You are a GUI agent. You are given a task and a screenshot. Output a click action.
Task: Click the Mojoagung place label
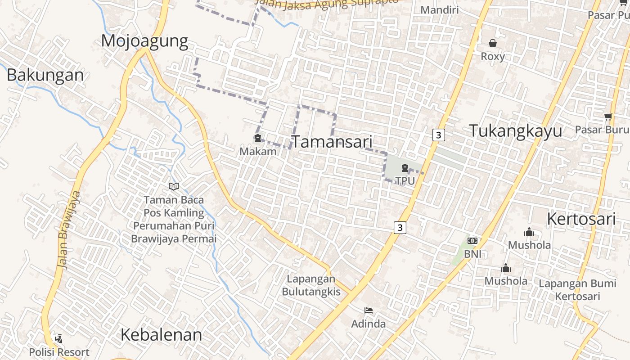coord(144,41)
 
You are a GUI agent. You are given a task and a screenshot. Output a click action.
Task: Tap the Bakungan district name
coord(45,75)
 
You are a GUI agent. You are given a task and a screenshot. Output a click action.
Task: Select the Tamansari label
coord(333,142)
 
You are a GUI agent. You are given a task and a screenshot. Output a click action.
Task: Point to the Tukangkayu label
coord(516,131)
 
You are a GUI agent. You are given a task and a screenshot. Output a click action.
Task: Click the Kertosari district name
coord(581,219)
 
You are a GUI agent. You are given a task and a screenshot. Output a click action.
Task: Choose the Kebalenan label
coord(161,335)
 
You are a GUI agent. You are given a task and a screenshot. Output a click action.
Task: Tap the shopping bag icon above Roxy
coord(493,43)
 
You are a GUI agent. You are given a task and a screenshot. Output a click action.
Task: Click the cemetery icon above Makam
coord(258,138)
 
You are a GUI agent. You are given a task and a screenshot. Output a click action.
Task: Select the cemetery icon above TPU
coord(405,168)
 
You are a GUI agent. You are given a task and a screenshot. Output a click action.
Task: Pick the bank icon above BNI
coord(472,241)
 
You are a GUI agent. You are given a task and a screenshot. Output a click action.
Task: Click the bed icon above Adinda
coord(368,310)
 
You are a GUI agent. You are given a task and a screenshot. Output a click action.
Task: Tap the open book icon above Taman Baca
coord(174,186)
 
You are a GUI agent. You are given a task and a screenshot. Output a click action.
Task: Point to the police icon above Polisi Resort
coord(58,338)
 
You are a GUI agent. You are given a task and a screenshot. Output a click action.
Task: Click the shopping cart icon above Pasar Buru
coord(608,117)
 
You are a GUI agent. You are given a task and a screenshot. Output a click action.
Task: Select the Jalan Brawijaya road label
coord(69,229)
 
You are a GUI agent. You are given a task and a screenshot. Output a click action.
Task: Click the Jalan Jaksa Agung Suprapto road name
coord(328,4)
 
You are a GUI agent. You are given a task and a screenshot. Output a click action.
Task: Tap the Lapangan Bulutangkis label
coord(311,285)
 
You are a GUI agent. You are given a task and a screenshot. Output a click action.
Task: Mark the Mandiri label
coord(439,10)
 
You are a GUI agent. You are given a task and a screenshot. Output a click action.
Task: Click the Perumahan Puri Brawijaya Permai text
coord(174,232)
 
